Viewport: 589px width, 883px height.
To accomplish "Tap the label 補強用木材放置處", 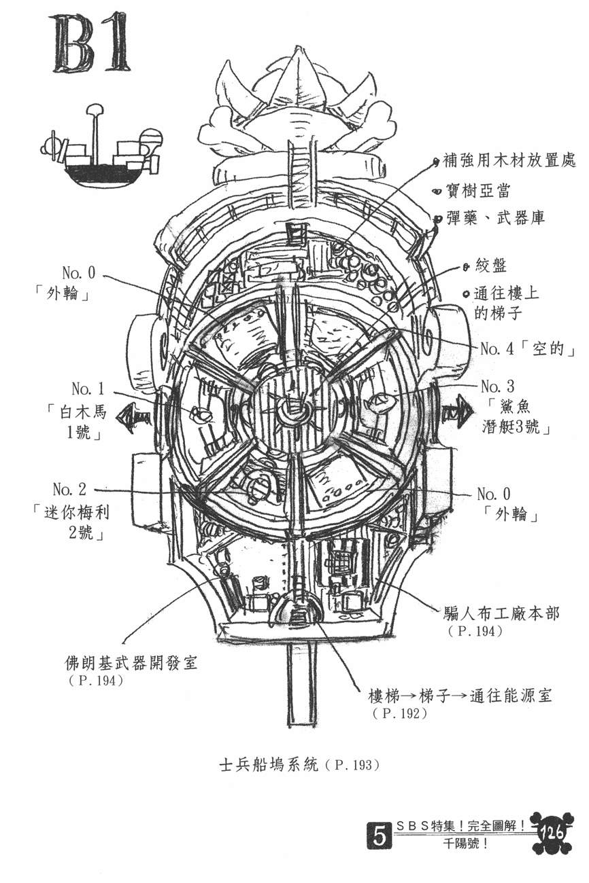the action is (x=509, y=160).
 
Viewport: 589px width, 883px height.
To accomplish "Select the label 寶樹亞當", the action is (x=477, y=191).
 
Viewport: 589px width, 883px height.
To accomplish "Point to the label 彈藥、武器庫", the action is (x=495, y=217).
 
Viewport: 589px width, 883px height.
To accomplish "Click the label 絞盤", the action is (x=490, y=266).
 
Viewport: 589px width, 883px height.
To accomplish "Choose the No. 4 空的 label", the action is (x=527, y=349).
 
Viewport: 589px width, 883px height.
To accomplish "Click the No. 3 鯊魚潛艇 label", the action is (x=515, y=409).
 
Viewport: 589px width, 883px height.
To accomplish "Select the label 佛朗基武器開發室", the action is (x=131, y=664).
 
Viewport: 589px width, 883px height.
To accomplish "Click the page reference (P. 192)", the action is (x=399, y=713).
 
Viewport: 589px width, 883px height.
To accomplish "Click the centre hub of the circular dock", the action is (x=292, y=410).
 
